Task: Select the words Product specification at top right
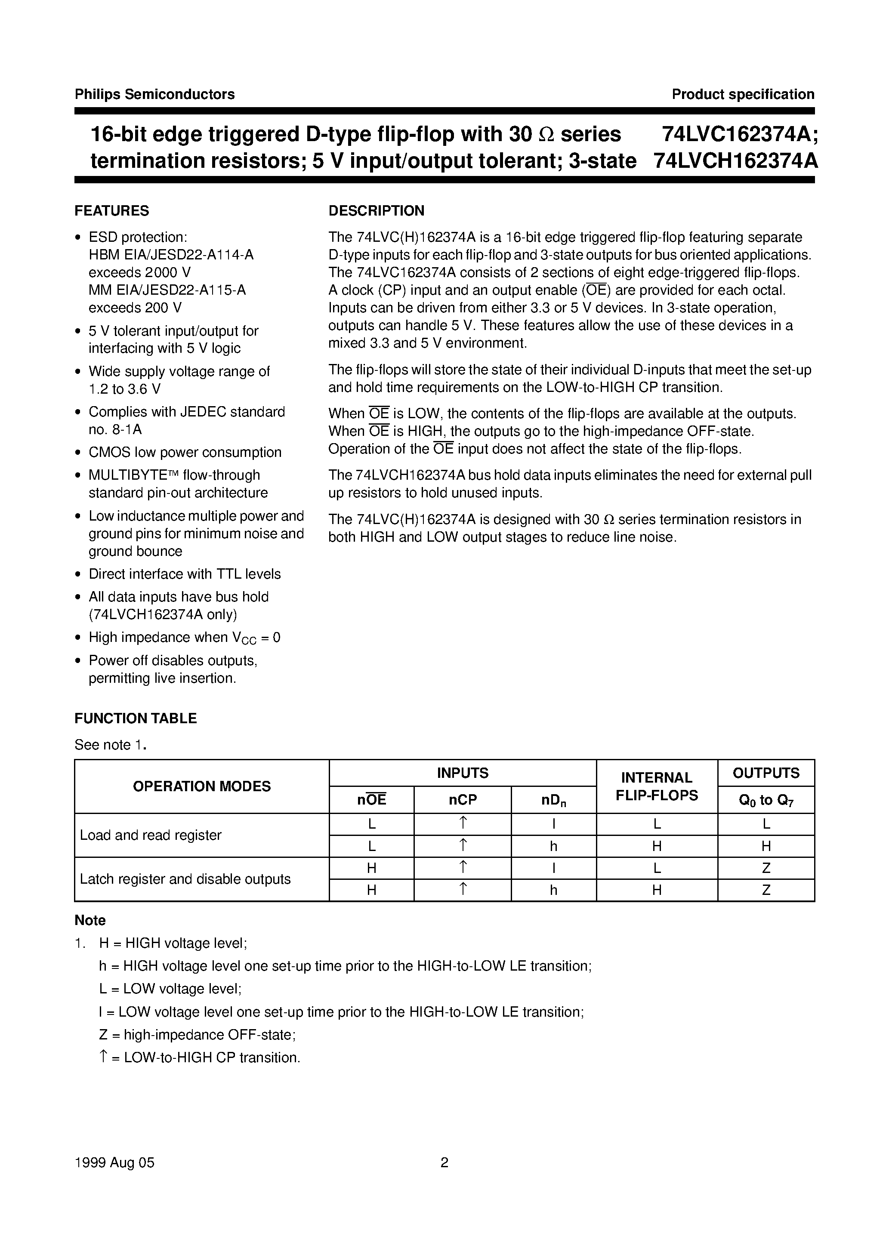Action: click(x=743, y=94)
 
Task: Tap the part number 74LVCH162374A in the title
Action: click(x=735, y=161)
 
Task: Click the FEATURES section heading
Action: click(x=112, y=211)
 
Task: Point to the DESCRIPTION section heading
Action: click(x=376, y=211)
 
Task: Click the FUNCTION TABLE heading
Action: click(x=136, y=718)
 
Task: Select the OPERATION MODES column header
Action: click(x=202, y=786)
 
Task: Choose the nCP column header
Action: click(x=463, y=800)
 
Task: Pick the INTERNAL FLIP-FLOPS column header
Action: click(x=657, y=786)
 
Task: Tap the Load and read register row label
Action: click(x=151, y=835)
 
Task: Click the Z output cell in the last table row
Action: click(x=766, y=890)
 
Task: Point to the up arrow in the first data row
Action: click(x=463, y=823)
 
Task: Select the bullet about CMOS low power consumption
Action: click(x=185, y=452)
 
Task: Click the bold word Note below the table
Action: click(x=90, y=921)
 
